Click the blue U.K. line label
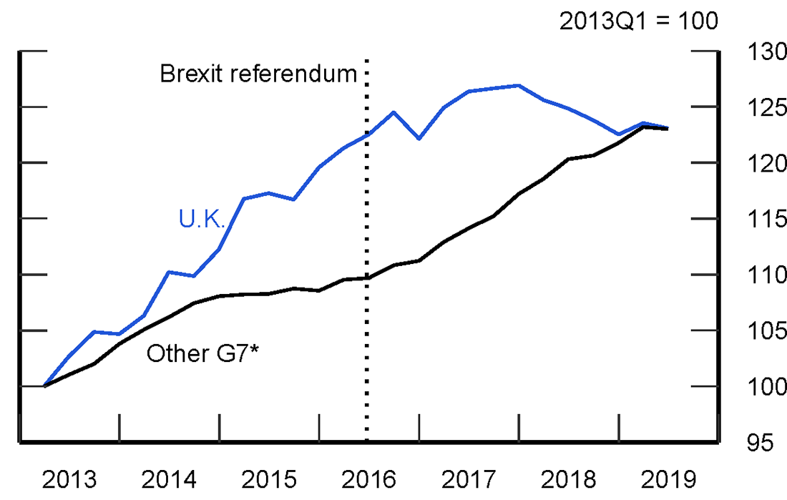click(x=202, y=219)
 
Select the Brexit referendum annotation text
click(x=258, y=73)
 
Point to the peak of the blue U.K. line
click(x=518, y=85)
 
